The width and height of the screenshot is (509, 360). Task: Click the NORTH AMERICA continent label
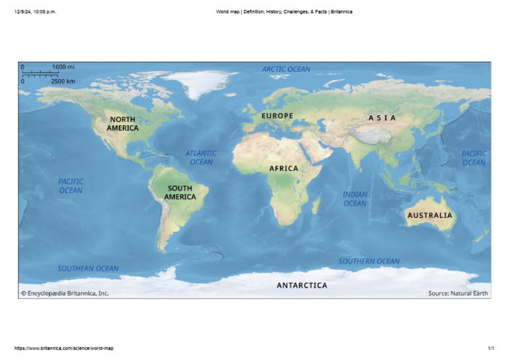(x=123, y=123)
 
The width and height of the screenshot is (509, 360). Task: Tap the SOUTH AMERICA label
(x=180, y=192)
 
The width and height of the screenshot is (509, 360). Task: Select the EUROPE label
(x=277, y=116)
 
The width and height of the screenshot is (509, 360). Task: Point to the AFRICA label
(x=284, y=168)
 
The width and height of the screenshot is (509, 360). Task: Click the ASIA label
(x=382, y=118)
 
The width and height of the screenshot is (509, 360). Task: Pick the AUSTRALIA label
(x=429, y=215)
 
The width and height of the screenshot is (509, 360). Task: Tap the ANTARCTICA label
(x=302, y=286)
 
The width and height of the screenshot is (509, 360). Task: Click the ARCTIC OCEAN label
(x=286, y=69)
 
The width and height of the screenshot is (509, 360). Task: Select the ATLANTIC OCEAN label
(x=201, y=157)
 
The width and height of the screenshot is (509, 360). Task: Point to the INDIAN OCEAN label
(x=355, y=199)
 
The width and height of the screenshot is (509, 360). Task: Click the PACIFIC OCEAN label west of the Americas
(x=71, y=186)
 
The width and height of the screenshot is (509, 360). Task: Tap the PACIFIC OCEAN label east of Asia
(x=474, y=158)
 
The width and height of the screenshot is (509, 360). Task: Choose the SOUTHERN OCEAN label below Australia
(x=369, y=261)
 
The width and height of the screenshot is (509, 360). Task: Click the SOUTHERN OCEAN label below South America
(x=88, y=269)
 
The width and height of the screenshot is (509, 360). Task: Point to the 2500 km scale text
(x=63, y=81)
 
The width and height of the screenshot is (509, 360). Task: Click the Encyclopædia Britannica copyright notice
(x=64, y=293)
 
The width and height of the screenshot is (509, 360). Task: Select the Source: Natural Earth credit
(x=458, y=293)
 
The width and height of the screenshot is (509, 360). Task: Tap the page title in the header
(x=284, y=11)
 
